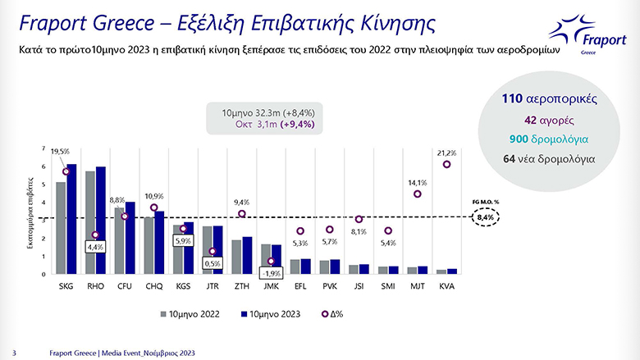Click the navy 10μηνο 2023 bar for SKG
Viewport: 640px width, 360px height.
pos(71,219)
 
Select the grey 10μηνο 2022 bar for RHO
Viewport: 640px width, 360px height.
pos(90,222)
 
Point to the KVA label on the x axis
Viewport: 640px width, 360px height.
pos(447,287)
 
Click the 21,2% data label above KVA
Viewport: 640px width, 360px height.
pos(447,153)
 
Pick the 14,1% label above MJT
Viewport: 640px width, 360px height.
pos(418,184)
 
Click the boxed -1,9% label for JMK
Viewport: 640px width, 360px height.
pos(271,273)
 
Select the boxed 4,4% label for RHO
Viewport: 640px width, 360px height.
pos(96,246)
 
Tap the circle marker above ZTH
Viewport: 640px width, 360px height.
pos(241,214)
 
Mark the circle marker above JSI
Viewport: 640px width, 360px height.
pos(359,219)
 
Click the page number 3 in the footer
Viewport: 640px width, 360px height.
pos(15,352)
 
